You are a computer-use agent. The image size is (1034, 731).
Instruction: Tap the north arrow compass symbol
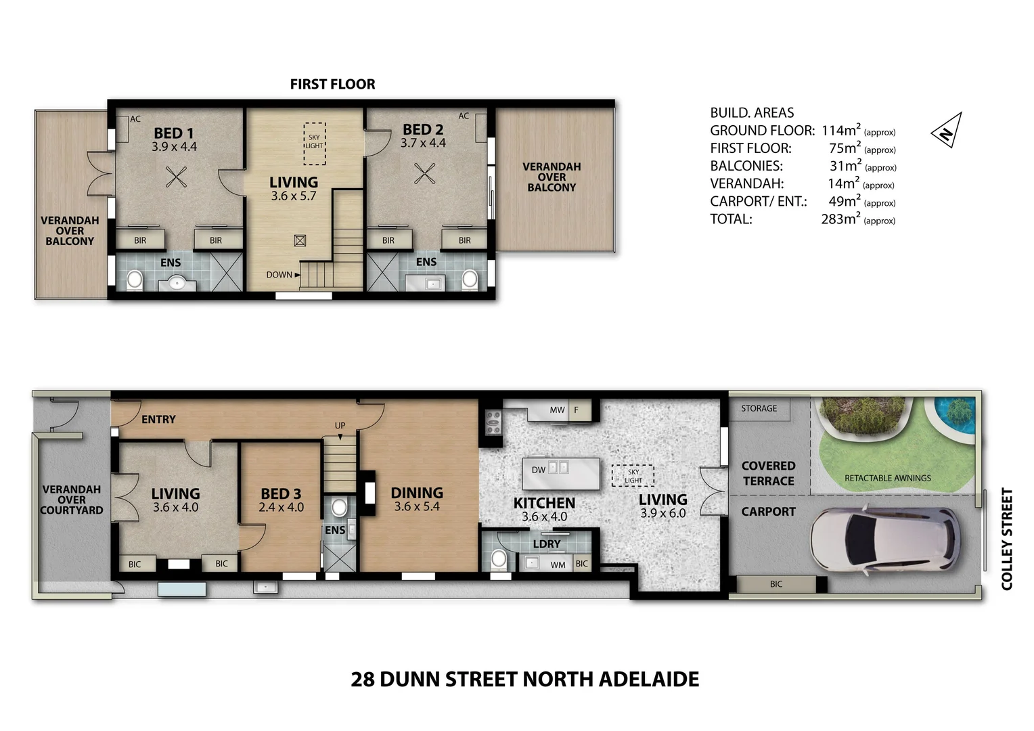pos(946,130)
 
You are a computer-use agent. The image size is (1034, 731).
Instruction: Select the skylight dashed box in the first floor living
pos(314,143)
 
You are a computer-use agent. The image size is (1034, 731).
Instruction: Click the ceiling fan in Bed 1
pos(176,177)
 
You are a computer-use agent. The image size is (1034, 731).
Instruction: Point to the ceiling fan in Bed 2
pos(424,174)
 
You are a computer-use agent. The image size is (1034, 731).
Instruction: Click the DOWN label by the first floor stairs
pos(279,275)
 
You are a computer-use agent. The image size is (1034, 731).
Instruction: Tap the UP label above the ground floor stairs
pos(340,426)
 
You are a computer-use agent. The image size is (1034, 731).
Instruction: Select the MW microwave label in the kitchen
pos(557,410)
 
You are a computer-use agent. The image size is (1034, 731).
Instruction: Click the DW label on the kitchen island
pos(539,470)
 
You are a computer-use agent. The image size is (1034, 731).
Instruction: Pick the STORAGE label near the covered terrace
pos(759,409)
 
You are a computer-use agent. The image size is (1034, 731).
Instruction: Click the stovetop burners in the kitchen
pos(492,422)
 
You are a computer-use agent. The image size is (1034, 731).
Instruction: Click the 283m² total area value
pos(840,219)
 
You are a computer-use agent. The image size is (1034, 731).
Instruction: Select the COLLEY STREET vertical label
pos(1007,539)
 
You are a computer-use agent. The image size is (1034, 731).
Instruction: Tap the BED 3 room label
pos(281,494)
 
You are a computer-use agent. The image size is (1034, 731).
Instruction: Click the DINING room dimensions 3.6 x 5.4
pos(417,506)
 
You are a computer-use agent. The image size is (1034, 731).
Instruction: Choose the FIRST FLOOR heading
pos(332,84)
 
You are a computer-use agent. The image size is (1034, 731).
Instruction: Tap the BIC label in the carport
pos(775,584)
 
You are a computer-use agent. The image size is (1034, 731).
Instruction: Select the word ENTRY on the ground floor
pos(158,420)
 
